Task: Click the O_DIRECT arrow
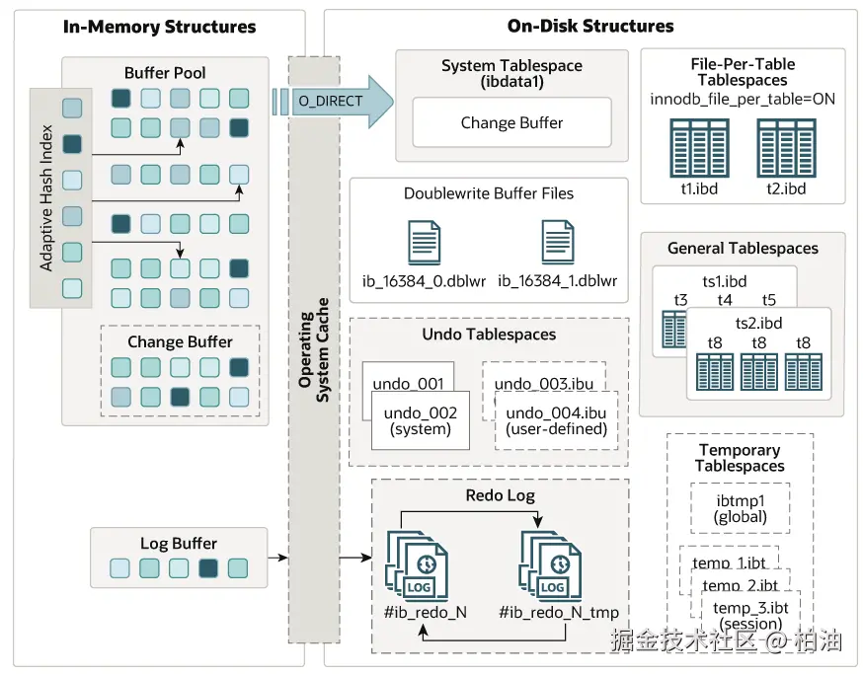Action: tap(336, 101)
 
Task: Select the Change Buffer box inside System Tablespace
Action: tap(511, 123)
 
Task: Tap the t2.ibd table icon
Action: tap(786, 148)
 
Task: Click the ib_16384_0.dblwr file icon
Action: tap(424, 243)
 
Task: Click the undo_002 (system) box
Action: tap(421, 421)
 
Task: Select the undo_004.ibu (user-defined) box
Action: tap(555, 421)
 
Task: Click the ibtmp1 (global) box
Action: tap(740, 508)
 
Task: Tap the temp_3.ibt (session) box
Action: tap(751, 616)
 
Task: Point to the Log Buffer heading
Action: tap(179, 544)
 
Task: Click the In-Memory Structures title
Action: tap(159, 27)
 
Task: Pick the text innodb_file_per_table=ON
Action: tap(743, 99)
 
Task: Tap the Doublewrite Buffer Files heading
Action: tap(489, 193)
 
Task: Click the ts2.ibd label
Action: tap(758, 323)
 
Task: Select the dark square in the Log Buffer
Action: tap(208, 568)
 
